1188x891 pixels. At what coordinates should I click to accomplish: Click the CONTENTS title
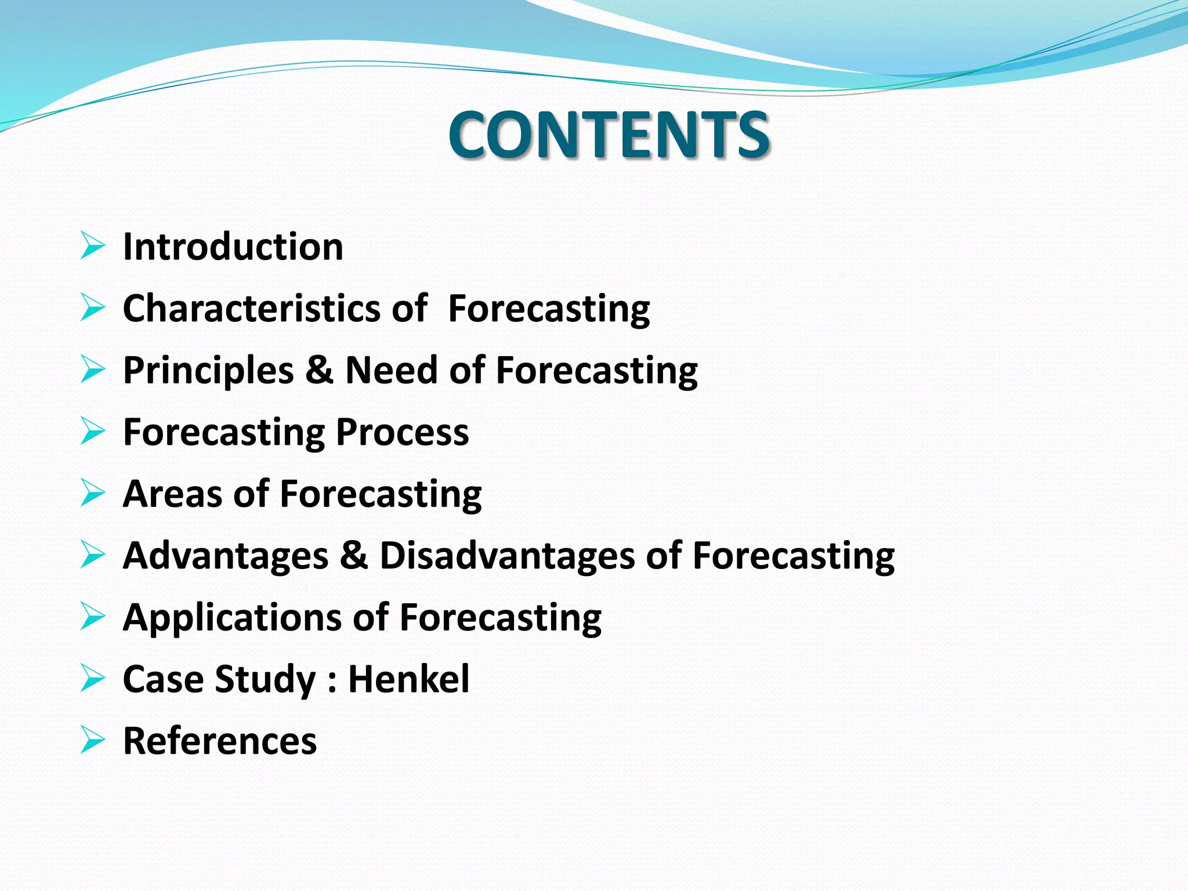tap(609, 135)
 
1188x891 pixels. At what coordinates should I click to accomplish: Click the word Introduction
tap(233, 247)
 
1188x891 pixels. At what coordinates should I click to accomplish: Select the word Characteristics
tap(251, 308)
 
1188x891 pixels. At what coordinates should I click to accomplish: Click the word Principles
tap(208, 370)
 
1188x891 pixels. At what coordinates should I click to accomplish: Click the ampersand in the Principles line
tap(319, 370)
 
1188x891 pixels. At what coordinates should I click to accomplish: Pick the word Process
tap(402, 432)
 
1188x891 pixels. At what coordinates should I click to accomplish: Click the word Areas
tap(172, 494)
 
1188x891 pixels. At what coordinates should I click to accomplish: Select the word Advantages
tap(226, 556)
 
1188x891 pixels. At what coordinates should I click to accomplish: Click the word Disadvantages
tap(507, 556)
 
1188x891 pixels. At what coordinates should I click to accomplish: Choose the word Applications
tap(232, 617)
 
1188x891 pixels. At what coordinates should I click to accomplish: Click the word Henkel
tap(408, 679)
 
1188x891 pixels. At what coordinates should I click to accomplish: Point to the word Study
tap(265, 680)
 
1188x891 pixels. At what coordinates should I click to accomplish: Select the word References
tap(220, 741)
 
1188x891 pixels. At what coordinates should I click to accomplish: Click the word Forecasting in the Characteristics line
tap(549, 309)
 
